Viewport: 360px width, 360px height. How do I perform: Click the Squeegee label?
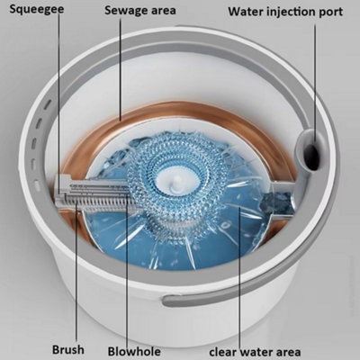pos(37,9)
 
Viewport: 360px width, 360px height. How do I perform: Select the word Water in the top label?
pos(245,12)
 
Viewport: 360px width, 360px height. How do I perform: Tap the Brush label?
pos(68,350)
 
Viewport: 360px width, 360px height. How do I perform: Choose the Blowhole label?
pos(134,351)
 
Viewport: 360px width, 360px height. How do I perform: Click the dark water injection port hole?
pos(312,157)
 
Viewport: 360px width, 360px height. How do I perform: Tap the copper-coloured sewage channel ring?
pos(179,109)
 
